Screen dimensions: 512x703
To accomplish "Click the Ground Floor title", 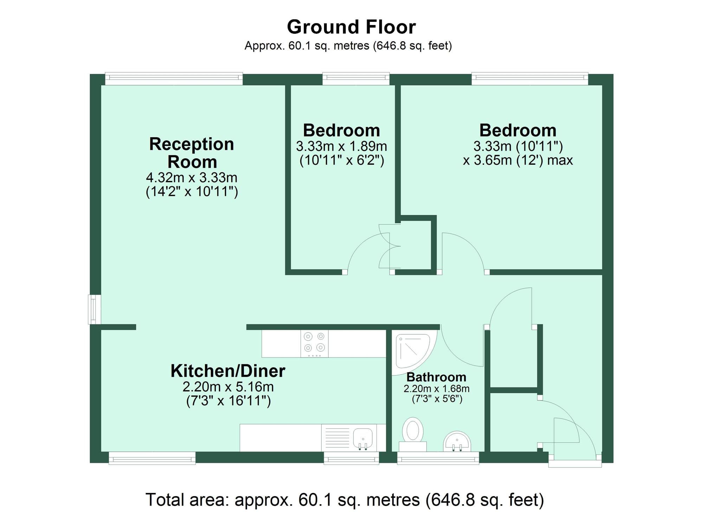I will point(351,27).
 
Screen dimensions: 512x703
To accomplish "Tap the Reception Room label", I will point(192,153).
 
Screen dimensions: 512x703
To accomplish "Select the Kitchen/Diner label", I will point(228,371).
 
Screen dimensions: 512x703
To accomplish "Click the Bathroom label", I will point(436,377).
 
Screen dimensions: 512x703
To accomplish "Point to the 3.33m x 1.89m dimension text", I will point(341,146).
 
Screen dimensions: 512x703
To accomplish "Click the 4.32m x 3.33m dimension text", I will point(192,177).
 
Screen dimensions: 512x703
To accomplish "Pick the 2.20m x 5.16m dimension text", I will point(228,387).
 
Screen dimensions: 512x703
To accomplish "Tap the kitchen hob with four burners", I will point(314,343).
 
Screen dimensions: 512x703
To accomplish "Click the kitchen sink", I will point(363,438).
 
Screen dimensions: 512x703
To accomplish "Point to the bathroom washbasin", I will point(457,442).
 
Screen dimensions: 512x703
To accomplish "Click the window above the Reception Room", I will point(174,78).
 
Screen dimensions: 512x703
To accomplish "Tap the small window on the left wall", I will point(94,309).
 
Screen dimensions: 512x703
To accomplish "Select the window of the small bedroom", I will point(356,78).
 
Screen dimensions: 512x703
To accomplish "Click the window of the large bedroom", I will point(529,78).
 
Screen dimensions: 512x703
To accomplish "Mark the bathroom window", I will point(438,458).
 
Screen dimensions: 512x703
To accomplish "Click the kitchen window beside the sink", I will point(351,458).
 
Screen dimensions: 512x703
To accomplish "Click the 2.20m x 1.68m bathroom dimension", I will point(436,389).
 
